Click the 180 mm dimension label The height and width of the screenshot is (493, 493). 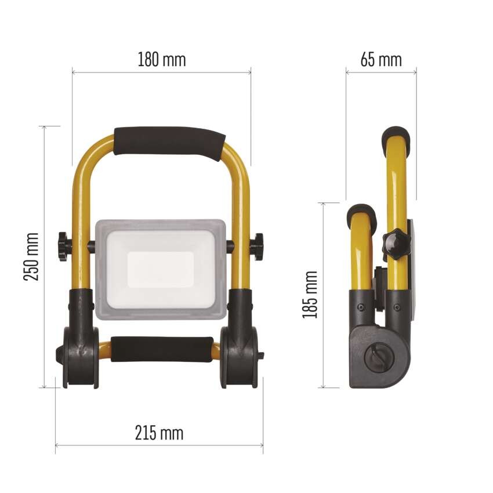coord(162,59)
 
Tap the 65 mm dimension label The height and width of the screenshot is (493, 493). coord(381,59)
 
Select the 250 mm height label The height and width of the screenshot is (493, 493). coord(31,256)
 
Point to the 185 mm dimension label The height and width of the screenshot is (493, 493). coord(310,294)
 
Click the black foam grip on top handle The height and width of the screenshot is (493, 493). coord(170,143)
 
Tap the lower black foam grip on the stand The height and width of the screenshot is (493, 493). coord(162,349)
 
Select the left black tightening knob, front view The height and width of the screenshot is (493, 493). coord(63,247)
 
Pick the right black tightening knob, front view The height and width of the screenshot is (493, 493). coord(258,247)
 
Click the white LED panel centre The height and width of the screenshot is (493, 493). coord(161,270)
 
